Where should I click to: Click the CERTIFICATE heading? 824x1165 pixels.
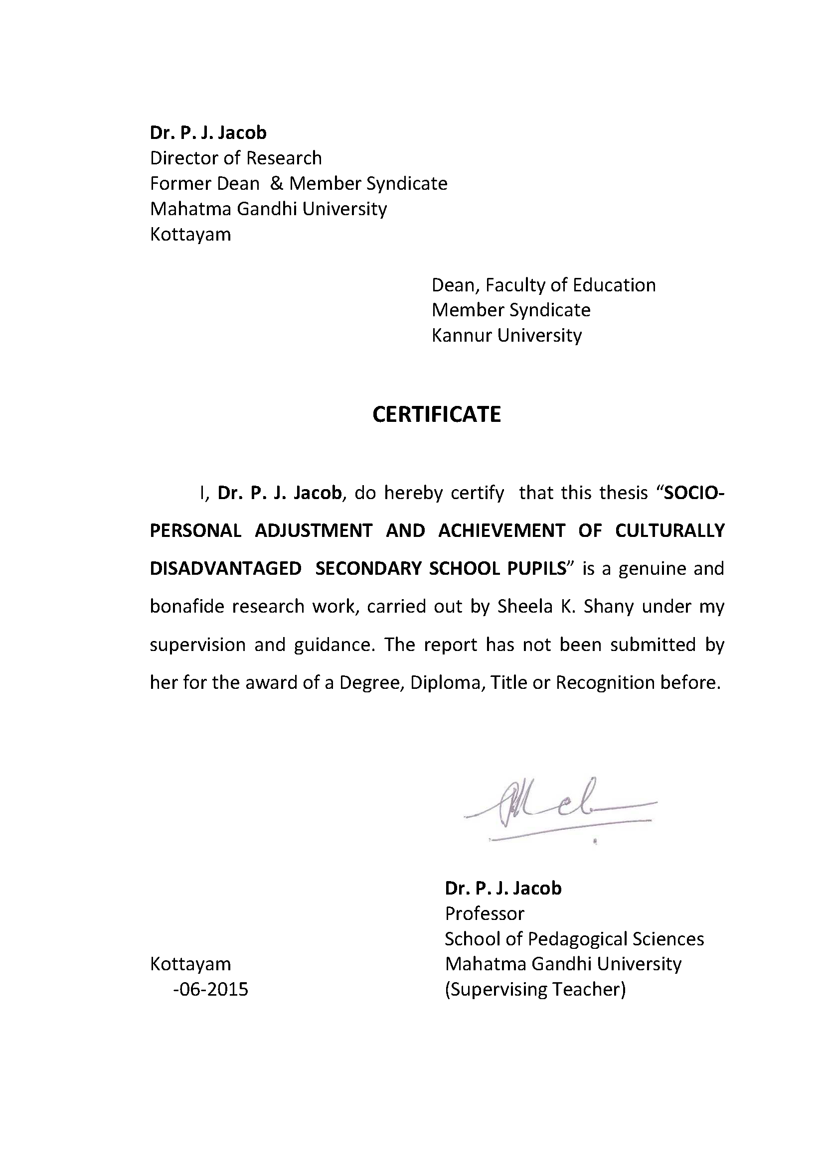tap(436, 414)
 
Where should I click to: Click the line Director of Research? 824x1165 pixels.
tap(236, 158)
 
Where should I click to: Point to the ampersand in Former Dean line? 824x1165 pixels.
tap(276, 183)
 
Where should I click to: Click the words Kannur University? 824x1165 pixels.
tap(506, 335)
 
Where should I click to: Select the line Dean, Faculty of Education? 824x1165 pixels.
tap(543, 285)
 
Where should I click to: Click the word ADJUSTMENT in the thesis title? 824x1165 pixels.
tap(313, 531)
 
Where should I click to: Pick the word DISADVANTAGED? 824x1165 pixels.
tap(225, 569)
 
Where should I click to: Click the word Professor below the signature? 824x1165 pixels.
tap(485, 913)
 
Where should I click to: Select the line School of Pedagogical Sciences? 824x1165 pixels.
tap(574, 939)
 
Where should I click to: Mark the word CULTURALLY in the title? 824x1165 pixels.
tap(669, 531)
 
